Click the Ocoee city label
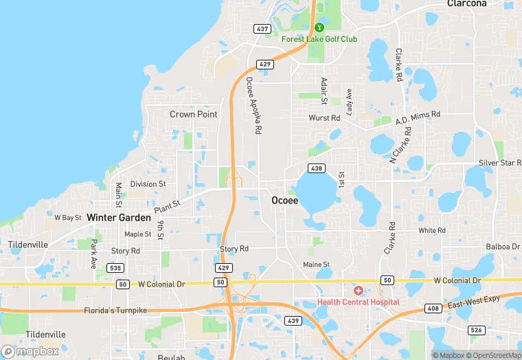pyautogui.click(x=284, y=201)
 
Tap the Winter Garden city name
pyautogui.click(x=119, y=218)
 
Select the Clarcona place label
pyautogui.click(x=466, y=3)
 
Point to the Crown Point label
pyautogui.click(x=194, y=115)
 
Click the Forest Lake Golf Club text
pyautogui.click(x=319, y=39)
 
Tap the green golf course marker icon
pyautogui.click(x=319, y=27)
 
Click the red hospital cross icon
pyautogui.click(x=359, y=291)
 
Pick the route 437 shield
pyautogui.click(x=262, y=29)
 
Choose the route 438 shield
pyautogui.click(x=317, y=168)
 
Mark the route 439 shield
pyautogui.click(x=293, y=321)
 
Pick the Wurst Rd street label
pyautogui.click(x=325, y=118)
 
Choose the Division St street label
pyautogui.click(x=148, y=184)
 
